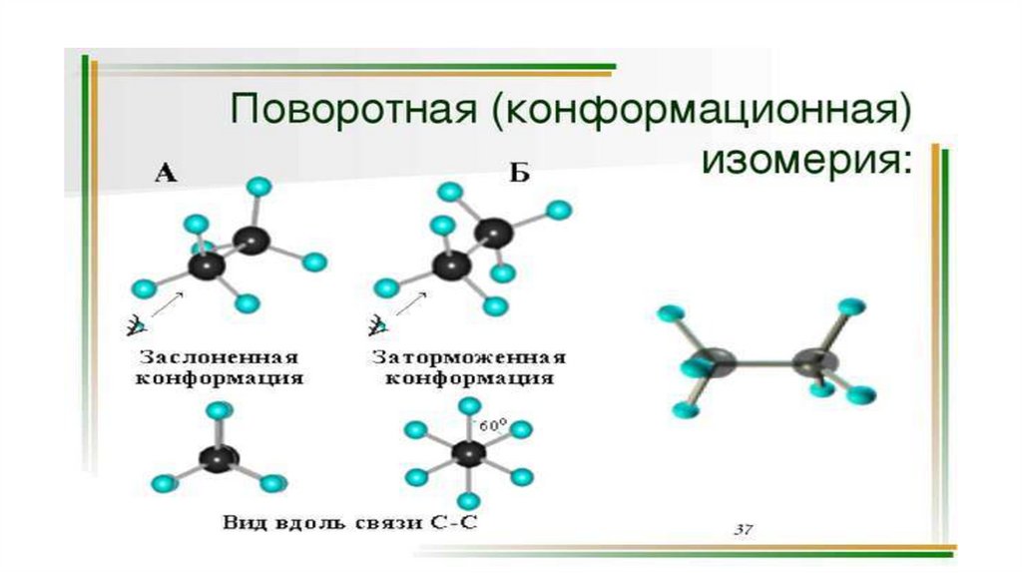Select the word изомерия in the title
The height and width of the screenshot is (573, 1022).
coord(807,160)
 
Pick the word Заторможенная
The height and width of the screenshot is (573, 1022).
coord(469,357)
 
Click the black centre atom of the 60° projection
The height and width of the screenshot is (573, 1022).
coord(466,454)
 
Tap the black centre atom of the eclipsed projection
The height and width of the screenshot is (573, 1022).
coord(216,457)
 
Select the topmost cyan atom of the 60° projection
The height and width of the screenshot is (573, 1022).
coord(467,405)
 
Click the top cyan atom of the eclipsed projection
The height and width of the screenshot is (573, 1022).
coord(218,409)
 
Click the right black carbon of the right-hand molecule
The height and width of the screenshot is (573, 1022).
coord(814,363)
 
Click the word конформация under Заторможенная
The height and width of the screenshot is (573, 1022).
coord(469,379)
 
